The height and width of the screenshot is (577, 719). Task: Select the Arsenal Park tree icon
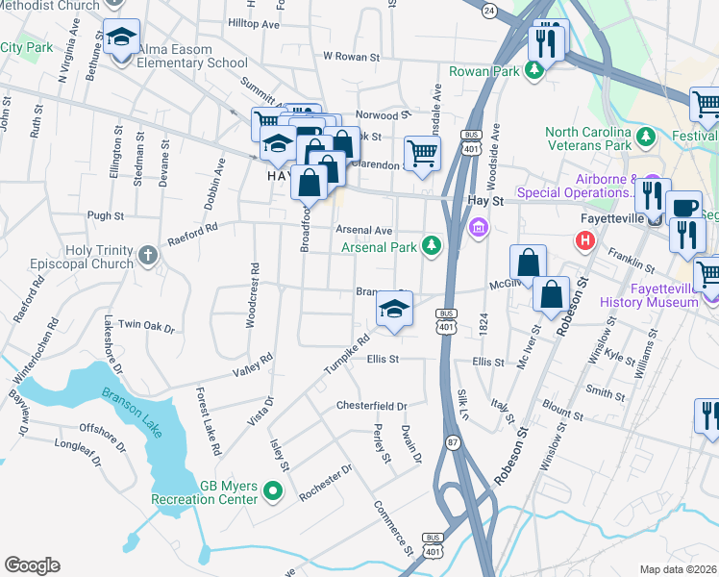(433, 247)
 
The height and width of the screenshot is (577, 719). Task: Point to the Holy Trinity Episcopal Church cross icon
(146, 255)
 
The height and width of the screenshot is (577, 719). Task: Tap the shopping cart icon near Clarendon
(422, 152)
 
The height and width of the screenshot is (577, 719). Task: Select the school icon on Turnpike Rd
(394, 309)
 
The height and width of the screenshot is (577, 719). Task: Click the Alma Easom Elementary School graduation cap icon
(121, 37)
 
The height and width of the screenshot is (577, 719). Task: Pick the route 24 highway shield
(489, 11)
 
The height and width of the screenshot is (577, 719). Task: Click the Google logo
(32, 565)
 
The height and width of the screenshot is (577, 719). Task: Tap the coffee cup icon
(684, 208)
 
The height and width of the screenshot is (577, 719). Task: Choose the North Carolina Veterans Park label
(588, 138)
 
